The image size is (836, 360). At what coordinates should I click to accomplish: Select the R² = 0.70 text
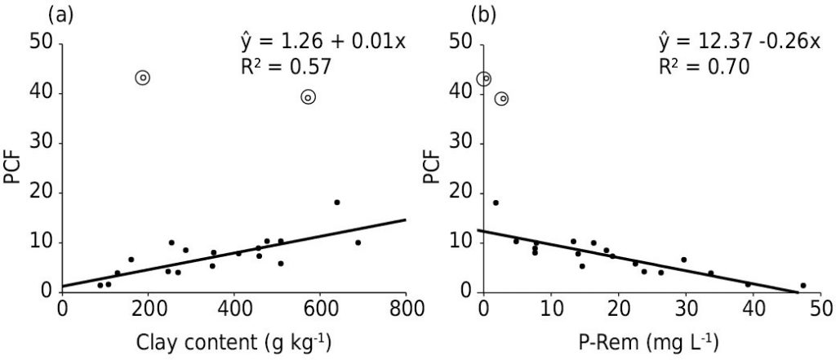tap(704, 69)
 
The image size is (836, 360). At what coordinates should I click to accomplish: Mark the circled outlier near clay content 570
tap(308, 97)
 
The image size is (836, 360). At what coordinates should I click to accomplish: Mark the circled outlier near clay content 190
tap(143, 78)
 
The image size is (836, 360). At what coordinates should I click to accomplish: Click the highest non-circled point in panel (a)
tap(336, 202)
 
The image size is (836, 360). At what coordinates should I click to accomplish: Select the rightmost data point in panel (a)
tap(358, 242)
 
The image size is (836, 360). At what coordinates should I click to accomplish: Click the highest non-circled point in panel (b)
tap(496, 202)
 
